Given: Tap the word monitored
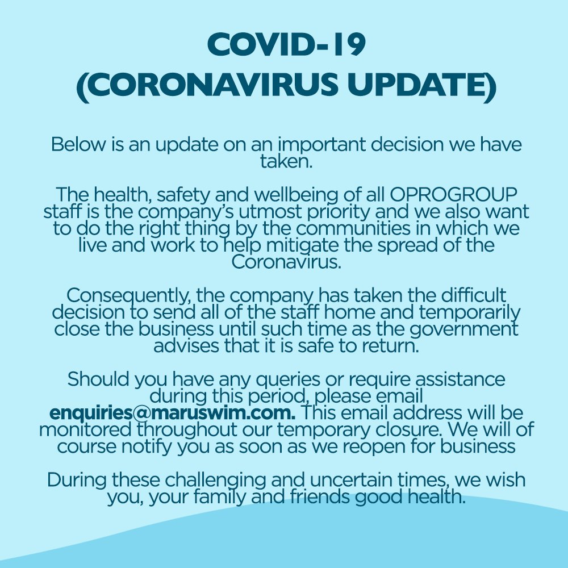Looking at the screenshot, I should (x=80, y=429).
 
